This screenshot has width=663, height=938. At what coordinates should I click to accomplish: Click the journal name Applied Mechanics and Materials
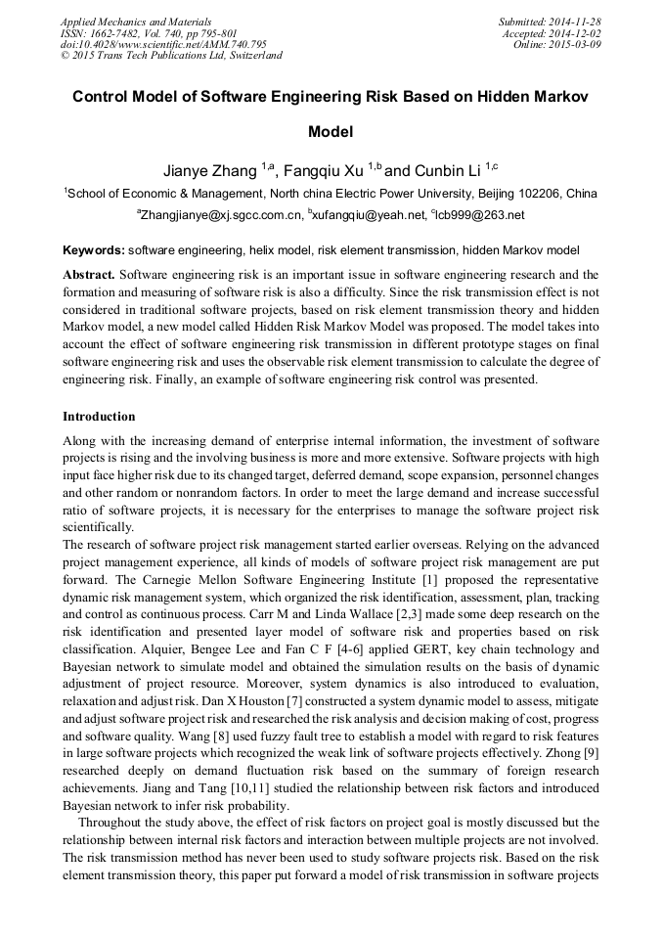[136, 21]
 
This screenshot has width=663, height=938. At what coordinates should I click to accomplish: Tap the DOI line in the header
[163, 44]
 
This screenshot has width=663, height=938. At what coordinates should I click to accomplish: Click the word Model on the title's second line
[331, 131]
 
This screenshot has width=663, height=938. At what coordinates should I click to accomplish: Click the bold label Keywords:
[94, 250]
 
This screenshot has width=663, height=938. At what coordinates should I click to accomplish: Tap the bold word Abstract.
[89, 274]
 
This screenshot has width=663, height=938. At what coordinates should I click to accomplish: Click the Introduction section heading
[99, 416]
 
